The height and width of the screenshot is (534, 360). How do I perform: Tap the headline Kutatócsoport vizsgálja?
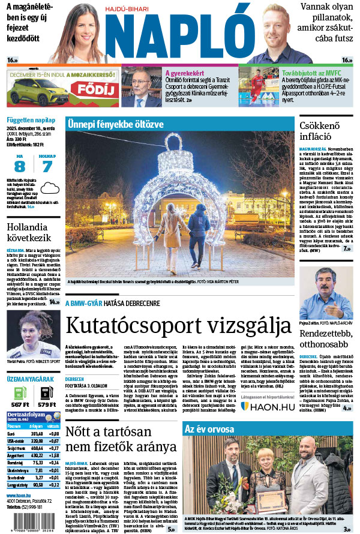point(169,325)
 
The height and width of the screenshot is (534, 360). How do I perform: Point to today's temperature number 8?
point(20,167)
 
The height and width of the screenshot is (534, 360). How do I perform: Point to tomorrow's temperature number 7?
point(47,167)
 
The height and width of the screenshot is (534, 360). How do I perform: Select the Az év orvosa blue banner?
point(204,428)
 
